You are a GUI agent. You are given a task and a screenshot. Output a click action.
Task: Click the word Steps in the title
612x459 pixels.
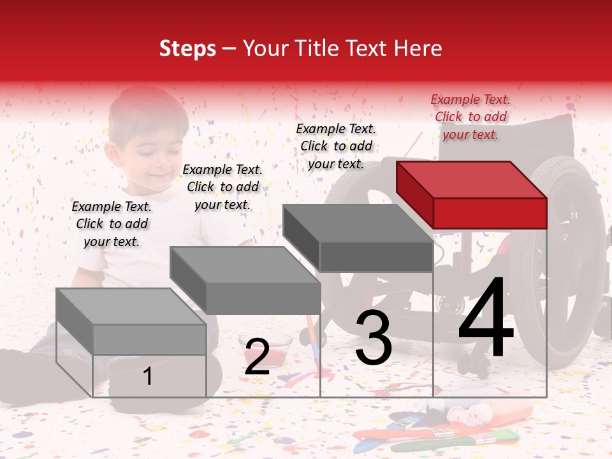(x=187, y=48)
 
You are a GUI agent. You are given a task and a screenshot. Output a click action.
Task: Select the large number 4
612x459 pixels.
(x=486, y=319)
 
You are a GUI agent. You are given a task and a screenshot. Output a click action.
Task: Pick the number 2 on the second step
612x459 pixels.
(x=257, y=357)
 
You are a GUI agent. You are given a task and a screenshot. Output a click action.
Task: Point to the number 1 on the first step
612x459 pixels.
(x=148, y=376)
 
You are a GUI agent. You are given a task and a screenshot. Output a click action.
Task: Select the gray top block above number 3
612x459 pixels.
(x=358, y=236)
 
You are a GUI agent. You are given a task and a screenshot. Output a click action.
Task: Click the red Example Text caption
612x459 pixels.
(x=470, y=117)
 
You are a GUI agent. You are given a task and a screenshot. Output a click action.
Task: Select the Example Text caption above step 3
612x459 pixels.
(x=336, y=146)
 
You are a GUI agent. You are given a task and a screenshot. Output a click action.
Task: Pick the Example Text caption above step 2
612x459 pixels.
(x=222, y=187)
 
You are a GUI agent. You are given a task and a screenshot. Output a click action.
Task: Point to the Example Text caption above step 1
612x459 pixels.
(x=112, y=224)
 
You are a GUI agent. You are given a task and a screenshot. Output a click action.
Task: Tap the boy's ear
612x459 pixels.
(x=112, y=153)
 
